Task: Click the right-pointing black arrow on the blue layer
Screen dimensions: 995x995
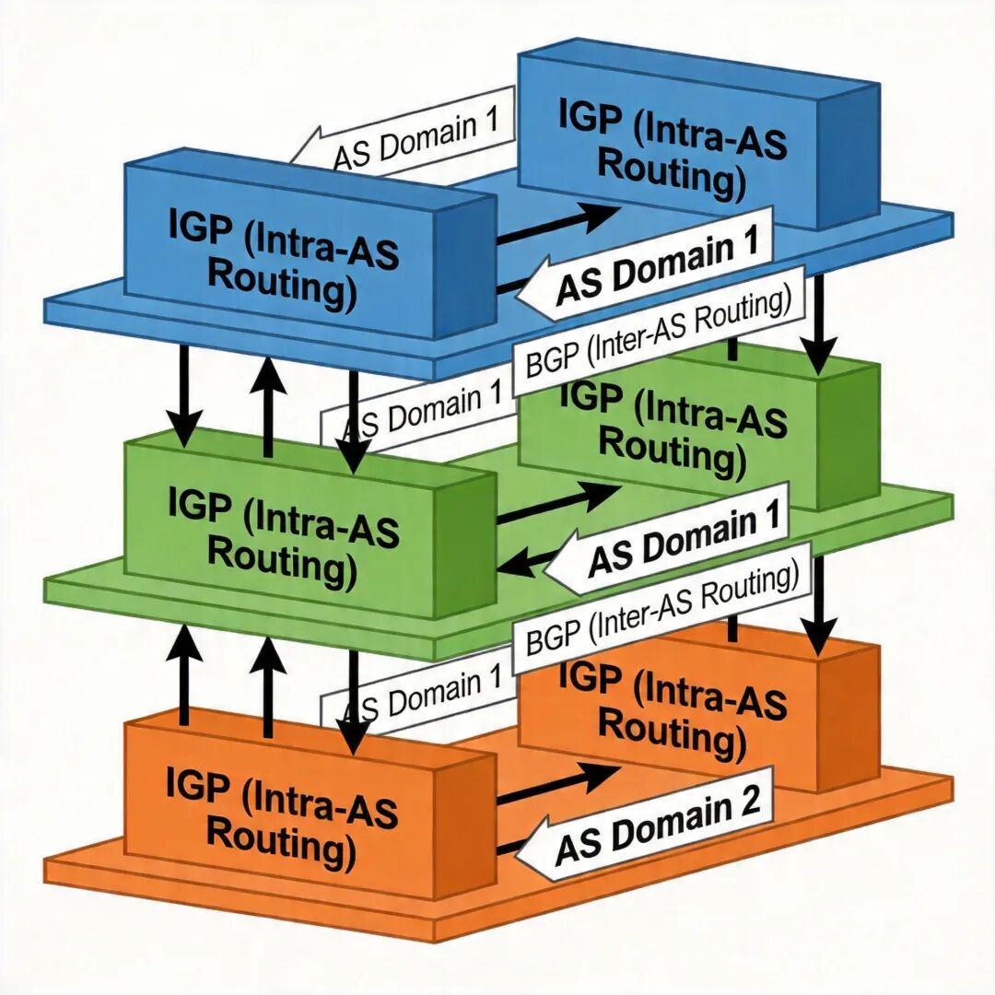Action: (557, 226)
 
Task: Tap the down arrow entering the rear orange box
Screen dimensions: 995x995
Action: (817, 608)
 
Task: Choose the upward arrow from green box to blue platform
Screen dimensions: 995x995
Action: (268, 405)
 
